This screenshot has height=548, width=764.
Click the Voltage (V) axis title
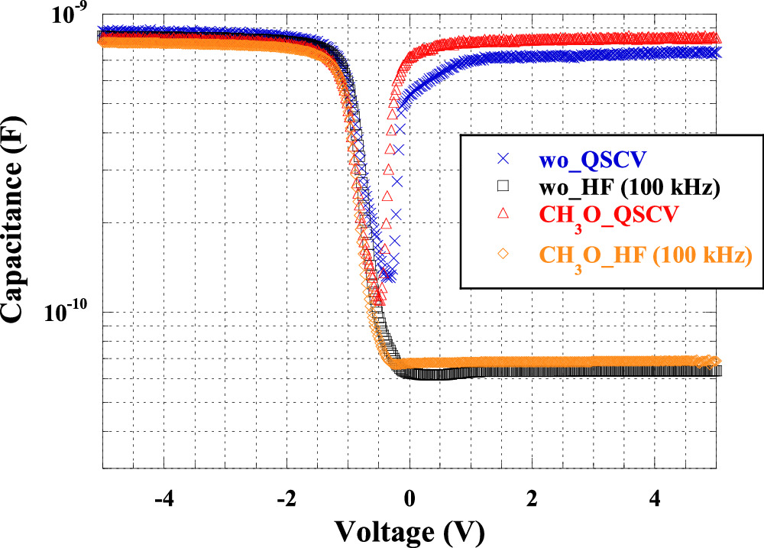(409, 530)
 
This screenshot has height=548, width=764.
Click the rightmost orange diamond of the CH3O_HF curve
(716, 361)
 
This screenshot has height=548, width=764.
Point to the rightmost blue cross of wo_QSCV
(716, 52)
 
